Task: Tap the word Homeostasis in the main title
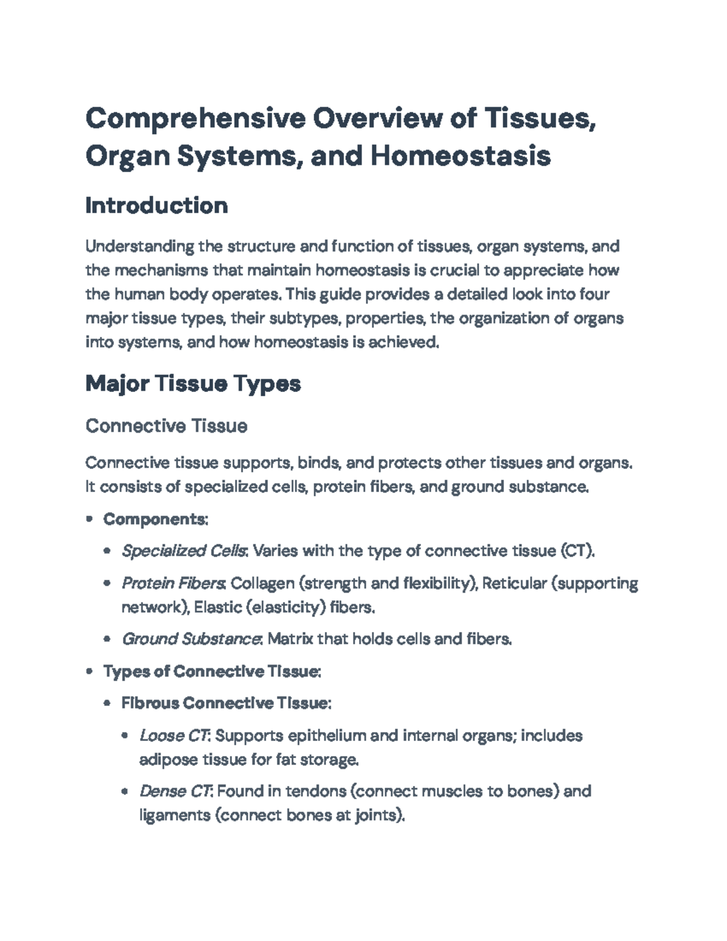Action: click(460, 156)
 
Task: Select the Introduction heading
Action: click(156, 205)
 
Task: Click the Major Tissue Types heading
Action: click(193, 384)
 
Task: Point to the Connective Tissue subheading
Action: click(166, 426)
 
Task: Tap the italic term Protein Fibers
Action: click(173, 583)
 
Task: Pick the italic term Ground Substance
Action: click(191, 639)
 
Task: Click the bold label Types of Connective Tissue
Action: click(211, 671)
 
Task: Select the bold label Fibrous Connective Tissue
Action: click(225, 703)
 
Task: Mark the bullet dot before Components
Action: click(90, 519)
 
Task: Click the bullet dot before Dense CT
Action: click(125, 791)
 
